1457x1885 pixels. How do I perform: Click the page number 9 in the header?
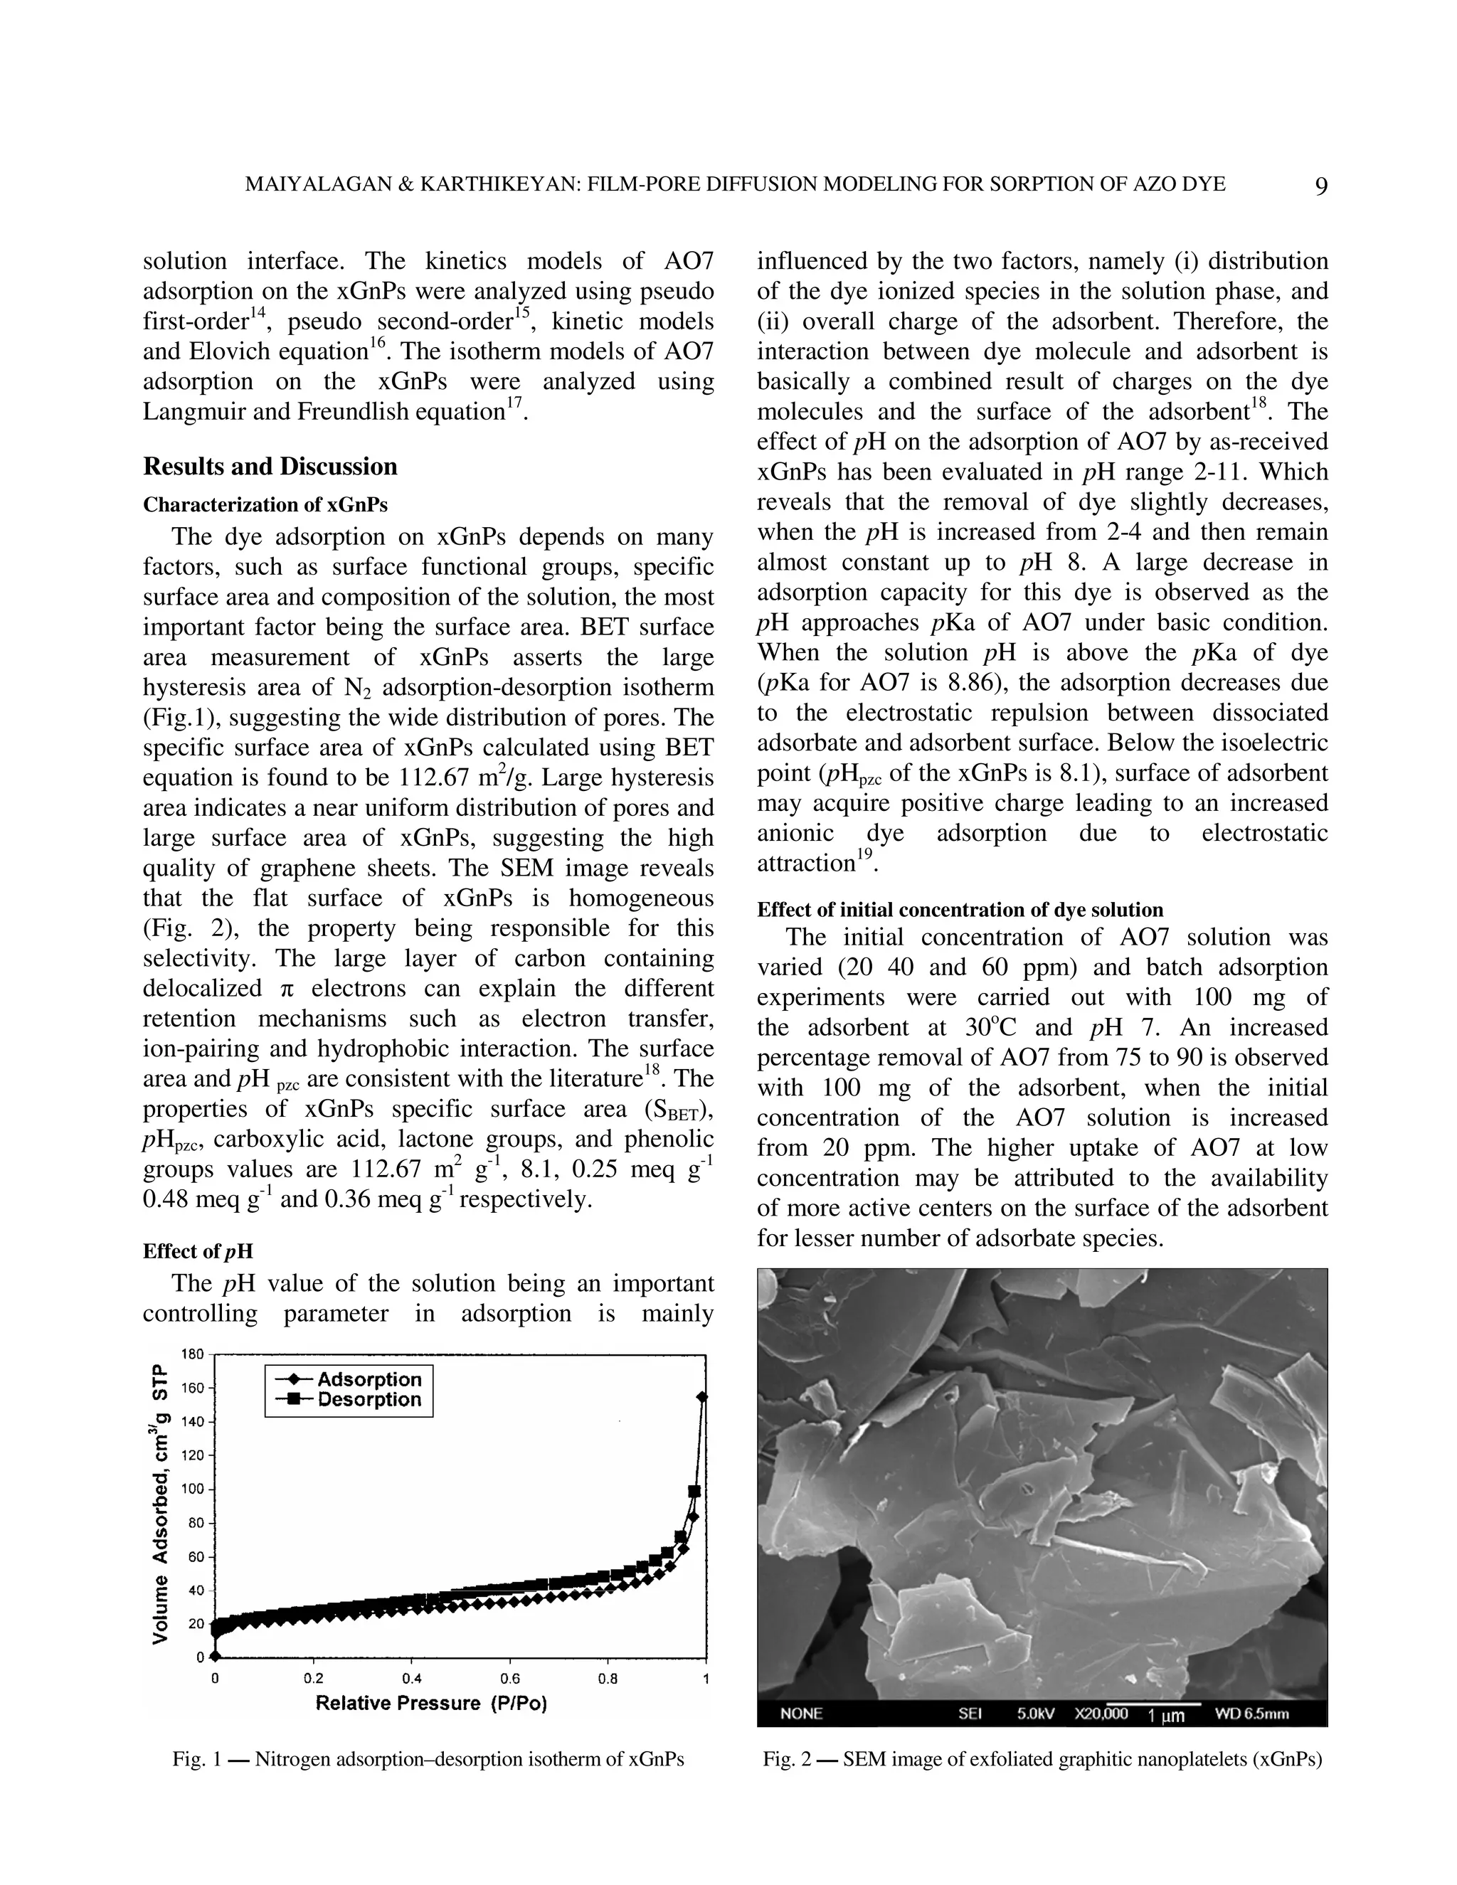point(1320,186)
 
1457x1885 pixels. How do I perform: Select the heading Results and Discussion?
point(270,467)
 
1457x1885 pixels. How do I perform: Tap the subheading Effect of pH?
point(198,1251)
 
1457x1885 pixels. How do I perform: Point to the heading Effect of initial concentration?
point(960,910)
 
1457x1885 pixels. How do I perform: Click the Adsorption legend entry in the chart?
point(369,1379)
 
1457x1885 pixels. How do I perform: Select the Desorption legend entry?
point(369,1400)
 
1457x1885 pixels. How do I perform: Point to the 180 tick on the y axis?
point(194,1354)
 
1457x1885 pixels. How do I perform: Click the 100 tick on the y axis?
point(194,1489)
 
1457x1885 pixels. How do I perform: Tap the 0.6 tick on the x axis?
point(510,1679)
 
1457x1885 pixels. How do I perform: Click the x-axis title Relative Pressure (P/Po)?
point(432,1703)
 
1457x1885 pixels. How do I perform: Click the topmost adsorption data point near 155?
point(701,1396)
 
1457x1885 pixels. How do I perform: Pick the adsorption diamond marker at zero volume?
point(215,1656)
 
